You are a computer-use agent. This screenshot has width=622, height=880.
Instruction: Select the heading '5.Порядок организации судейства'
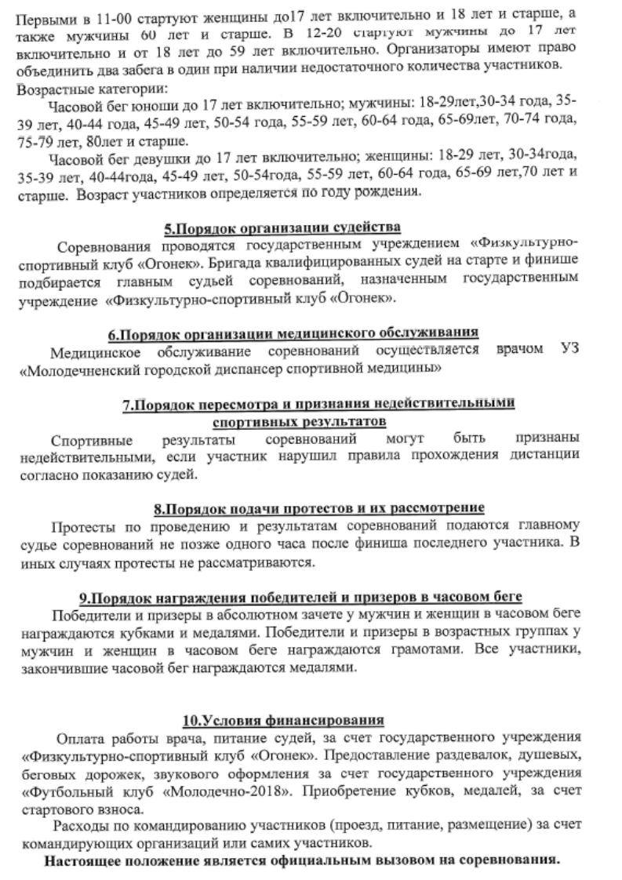pos(282,228)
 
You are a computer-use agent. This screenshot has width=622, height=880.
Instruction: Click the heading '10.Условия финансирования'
pos(283,720)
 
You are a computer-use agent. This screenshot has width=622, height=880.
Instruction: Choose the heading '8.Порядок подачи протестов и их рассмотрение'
pos(319,507)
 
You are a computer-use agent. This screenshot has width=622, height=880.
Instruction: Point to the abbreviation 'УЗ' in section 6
pos(569,350)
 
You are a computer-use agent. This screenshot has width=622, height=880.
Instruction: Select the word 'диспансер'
pos(246,367)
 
